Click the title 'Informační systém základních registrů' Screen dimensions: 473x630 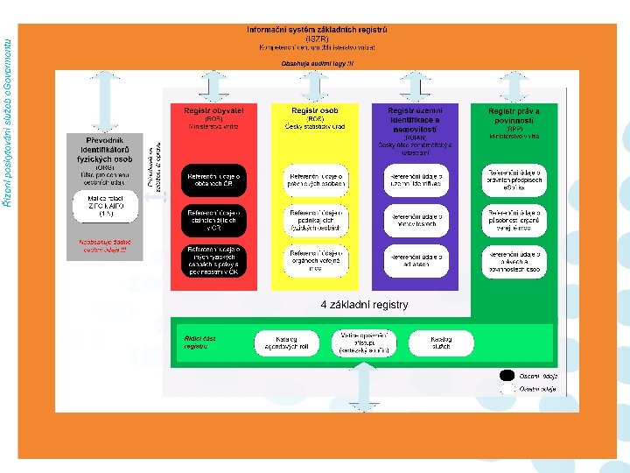tap(317, 30)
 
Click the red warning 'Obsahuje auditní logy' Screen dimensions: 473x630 tap(317, 63)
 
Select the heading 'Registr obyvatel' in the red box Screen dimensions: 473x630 tap(213, 111)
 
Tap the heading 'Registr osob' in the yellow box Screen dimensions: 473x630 tap(314, 111)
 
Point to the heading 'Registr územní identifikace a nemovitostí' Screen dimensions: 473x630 tap(415, 120)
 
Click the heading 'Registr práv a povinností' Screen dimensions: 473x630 tap(514, 116)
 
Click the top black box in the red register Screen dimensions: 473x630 tap(213, 180)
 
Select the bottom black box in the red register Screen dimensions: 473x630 tap(213, 259)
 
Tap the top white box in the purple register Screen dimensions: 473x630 tap(416, 180)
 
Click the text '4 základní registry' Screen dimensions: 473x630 tap(364, 305)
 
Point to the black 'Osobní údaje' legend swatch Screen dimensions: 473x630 tap(507, 375)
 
